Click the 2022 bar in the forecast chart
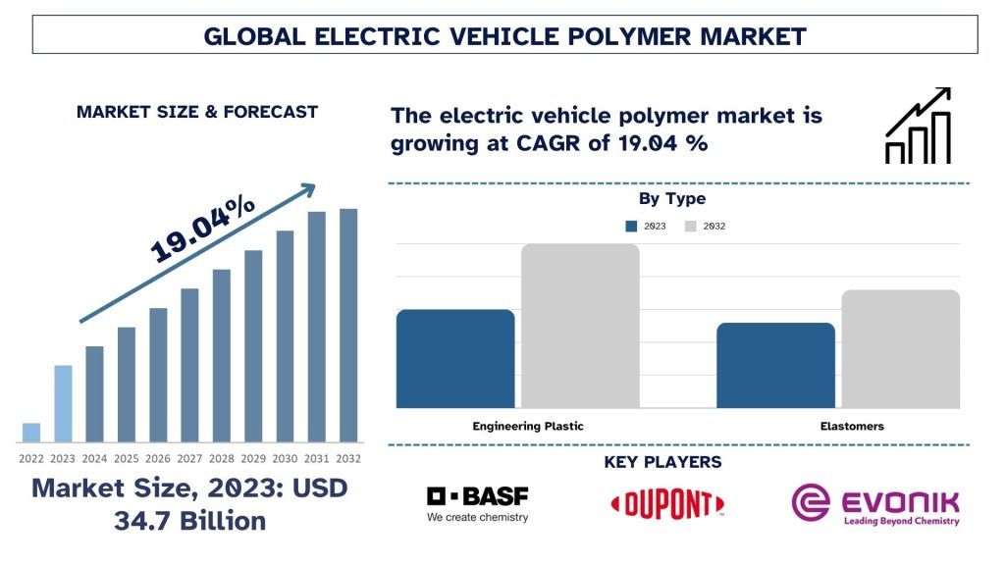pos(31,433)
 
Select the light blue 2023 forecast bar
pos(63,403)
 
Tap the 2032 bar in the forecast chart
pos(348,325)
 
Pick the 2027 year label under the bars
pos(190,459)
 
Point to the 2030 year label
pos(285,459)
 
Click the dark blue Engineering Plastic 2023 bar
pos(455,359)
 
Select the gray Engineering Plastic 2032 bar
pos(580,326)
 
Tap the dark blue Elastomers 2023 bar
pos(775,365)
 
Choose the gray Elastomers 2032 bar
pos(900,349)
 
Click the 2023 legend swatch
pos(631,226)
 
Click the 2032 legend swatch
pos(690,226)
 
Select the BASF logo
pos(477,503)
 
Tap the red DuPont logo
pos(667,504)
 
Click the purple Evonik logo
pos(875,504)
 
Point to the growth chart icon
pos(918,126)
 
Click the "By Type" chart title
pos(672,199)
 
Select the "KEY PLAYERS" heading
pos(662,462)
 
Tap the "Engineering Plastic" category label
pos(528,427)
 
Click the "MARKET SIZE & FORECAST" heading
pos(197,112)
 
